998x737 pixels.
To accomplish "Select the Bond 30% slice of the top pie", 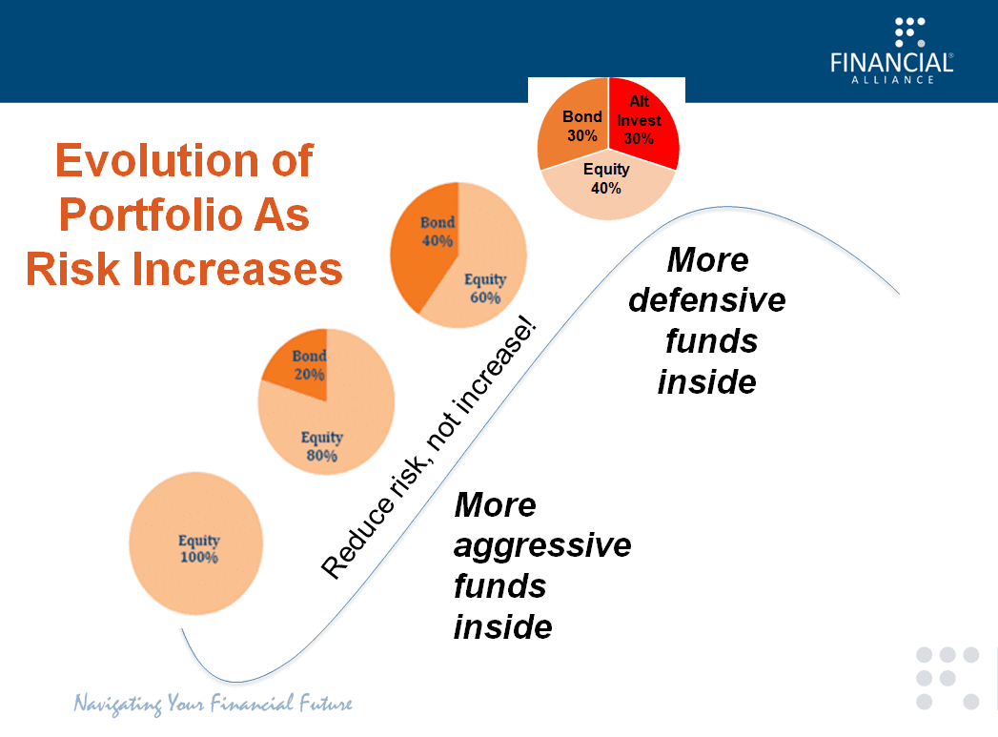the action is (x=573, y=124).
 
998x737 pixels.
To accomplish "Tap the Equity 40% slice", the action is (x=607, y=186).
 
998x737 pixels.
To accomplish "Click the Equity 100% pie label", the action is (x=199, y=548).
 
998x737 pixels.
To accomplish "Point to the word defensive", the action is (x=707, y=299).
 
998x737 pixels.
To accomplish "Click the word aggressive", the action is (x=542, y=546).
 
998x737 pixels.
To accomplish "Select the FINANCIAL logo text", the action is (x=891, y=63).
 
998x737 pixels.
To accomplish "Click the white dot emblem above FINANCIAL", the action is (x=910, y=32).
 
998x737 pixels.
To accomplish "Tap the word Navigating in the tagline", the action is (x=118, y=704).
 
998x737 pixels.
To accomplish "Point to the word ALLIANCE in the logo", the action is (x=892, y=80).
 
